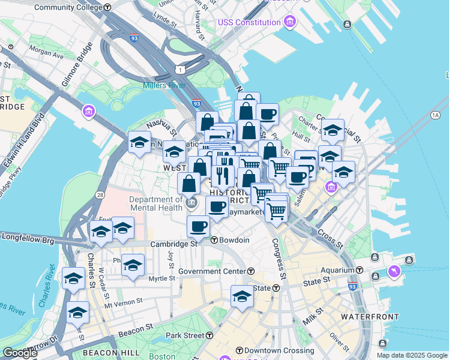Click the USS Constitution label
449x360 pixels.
[x=249, y=22]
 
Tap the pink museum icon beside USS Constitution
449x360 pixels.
[x=291, y=22]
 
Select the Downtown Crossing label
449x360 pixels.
[x=267, y=350]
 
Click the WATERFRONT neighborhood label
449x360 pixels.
[x=366, y=316]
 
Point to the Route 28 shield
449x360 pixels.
[x=100, y=196]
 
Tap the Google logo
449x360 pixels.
[x=20, y=353]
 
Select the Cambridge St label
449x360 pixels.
[x=173, y=244]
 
